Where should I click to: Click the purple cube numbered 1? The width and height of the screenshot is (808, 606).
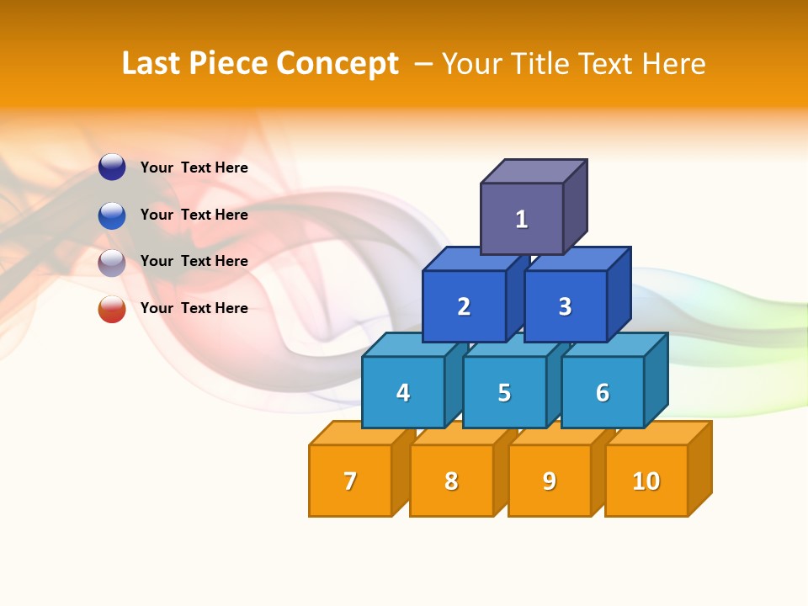pyautogui.click(x=522, y=219)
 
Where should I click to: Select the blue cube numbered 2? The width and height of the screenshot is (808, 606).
pyautogui.click(x=464, y=306)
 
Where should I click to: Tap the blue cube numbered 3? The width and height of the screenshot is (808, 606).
pyautogui.click(x=565, y=306)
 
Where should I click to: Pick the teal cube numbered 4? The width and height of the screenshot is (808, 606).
pyautogui.click(x=403, y=392)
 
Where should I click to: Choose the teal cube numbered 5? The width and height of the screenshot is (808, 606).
pyautogui.click(x=504, y=392)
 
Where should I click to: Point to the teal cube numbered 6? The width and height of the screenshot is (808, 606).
pyautogui.click(x=603, y=392)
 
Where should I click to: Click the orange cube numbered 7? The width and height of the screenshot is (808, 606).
pyautogui.click(x=350, y=481)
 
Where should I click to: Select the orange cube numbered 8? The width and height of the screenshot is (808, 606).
pyautogui.click(x=451, y=481)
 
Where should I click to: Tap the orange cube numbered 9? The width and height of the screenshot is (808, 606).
pyautogui.click(x=550, y=481)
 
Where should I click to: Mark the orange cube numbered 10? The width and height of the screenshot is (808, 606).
pyautogui.click(x=646, y=481)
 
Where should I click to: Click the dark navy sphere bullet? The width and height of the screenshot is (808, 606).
pyautogui.click(x=112, y=167)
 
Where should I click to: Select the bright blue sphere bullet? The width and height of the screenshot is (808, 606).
pyautogui.click(x=112, y=215)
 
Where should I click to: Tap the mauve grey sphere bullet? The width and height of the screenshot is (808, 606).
pyautogui.click(x=112, y=262)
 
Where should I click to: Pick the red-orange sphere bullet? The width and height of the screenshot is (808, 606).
pyautogui.click(x=112, y=309)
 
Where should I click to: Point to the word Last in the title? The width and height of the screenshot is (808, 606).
pyautogui.click(x=152, y=64)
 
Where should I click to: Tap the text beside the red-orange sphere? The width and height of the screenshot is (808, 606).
pyautogui.click(x=194, y=308)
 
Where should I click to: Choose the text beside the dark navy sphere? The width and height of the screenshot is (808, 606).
pyautogui.click(x=194, y=167)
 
